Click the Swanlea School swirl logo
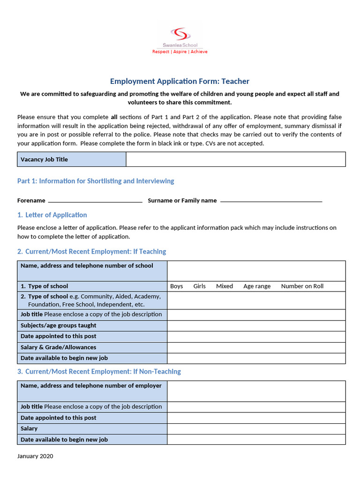180,34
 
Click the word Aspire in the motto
180,52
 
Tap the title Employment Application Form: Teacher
180,81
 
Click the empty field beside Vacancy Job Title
235,159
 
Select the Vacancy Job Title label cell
71,159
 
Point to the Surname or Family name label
182,201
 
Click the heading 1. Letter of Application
52,215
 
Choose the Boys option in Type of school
177,286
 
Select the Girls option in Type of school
199,286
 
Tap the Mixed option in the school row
224,286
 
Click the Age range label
257,286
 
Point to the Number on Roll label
302,286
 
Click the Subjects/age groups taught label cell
92,325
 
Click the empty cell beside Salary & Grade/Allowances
256,347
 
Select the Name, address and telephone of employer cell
92,390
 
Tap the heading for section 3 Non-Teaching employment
99,371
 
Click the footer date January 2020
35,456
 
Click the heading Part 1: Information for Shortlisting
96,181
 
